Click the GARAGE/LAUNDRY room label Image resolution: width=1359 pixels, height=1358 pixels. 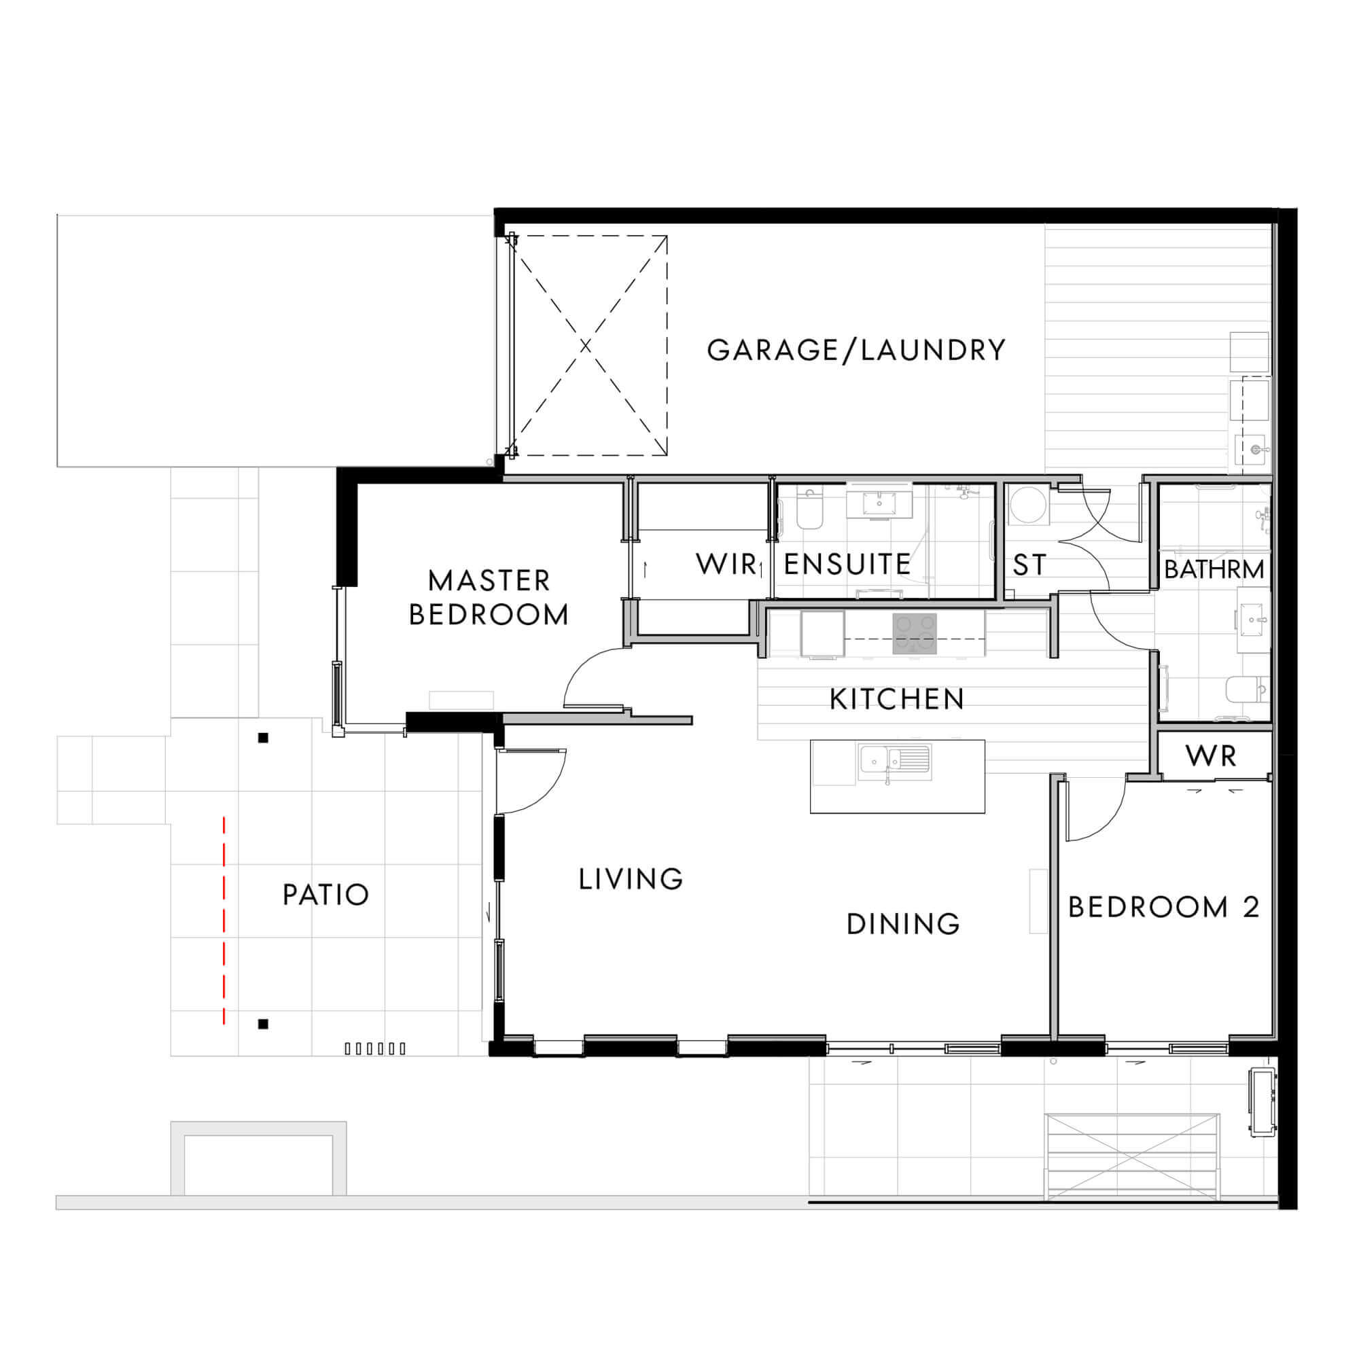click(x=856, y=351)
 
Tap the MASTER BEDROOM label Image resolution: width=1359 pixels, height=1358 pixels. click(x=489, y=598)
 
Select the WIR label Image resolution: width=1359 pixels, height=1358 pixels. click(x=726, y=564)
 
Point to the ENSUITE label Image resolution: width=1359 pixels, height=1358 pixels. click(x=847, y=564)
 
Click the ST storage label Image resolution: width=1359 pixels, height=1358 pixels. click(x=1029, y=565)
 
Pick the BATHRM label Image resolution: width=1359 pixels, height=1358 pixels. click(x=1214, y=569)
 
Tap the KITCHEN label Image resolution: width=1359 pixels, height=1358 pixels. click(x=897, y=699)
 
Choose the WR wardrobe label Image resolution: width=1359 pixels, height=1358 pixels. click(x=1211, y=756)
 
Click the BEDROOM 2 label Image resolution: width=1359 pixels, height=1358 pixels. click(x=1163, y=907)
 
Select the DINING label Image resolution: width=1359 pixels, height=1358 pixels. click(x=903, y=924)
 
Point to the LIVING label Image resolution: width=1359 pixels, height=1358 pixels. click(x=631, y=879)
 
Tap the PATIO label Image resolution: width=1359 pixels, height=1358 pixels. click(x=325, y=895)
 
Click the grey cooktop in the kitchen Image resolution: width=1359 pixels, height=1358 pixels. click(x=915, y=634)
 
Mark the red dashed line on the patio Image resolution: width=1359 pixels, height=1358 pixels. click(x=224, y=921)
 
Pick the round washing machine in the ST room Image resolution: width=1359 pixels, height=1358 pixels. click(x=1028, y=505)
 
